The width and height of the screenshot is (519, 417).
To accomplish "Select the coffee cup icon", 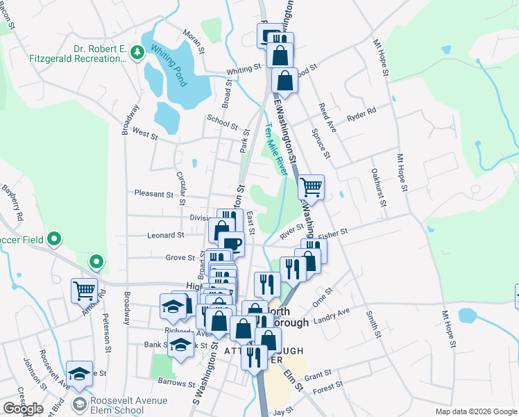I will pyautogui.click(x=231, y=244).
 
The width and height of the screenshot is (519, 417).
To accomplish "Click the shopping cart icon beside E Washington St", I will pyautogui.click(x=312, y=186).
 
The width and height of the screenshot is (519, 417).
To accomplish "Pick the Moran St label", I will pyautogui.click(x=194, y=41).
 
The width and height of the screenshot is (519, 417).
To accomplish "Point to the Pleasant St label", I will pyautogui.click(x=153, y=194).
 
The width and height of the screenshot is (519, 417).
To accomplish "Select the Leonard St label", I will pyautogui.click(x=165, y=236).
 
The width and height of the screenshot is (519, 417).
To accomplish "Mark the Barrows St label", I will pyautogui.click(x=176, y=382).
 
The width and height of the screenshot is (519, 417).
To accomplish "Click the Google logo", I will pyautogui.click(x=23, y=408).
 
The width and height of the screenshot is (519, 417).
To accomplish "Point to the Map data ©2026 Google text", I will pyautogui.click(x=475, y=411).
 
